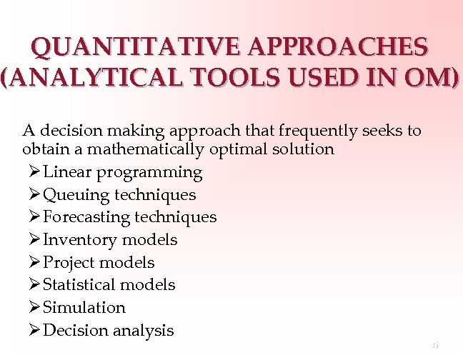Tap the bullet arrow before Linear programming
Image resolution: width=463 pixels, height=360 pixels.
pos(35,172)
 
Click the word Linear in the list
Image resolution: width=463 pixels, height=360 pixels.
pos(67,172)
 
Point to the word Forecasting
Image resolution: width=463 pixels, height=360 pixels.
pos(86,217)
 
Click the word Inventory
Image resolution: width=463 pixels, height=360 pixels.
pos(79,240)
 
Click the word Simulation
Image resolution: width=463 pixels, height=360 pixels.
pos(84,308)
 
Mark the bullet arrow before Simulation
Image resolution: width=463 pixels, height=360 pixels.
pos(35,308)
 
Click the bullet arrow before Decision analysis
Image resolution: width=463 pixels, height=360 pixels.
pos(35,330)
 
